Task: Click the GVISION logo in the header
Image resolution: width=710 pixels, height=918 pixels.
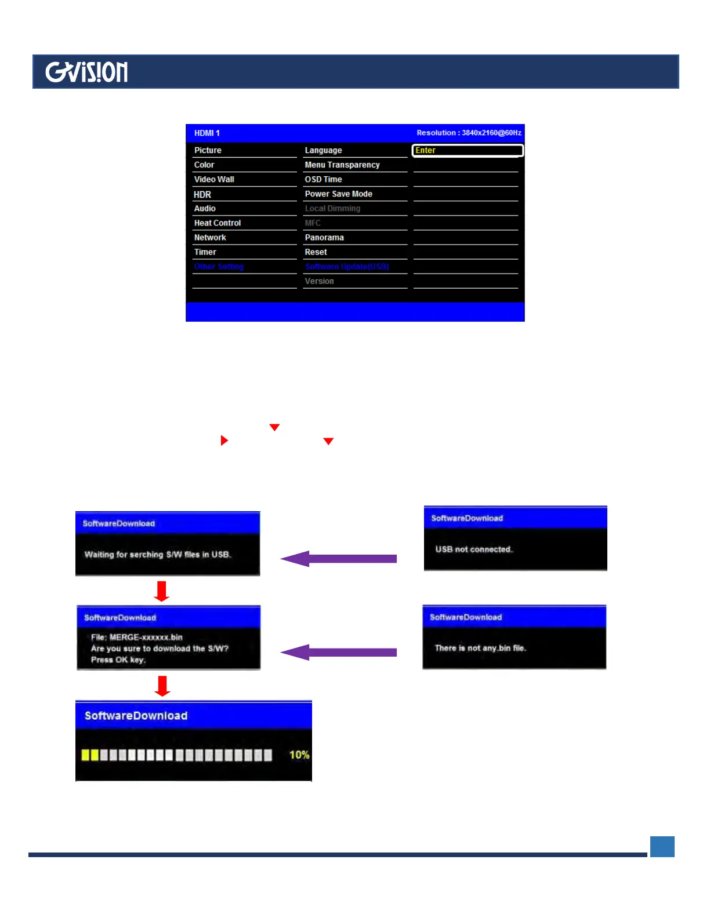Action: (86, 72)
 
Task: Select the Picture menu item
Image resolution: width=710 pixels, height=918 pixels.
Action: (208, 150)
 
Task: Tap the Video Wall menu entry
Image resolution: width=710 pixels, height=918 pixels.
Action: (214, 179)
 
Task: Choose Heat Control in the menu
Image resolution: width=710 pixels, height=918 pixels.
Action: (218, 223)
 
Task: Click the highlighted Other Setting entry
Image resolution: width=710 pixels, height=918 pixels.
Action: (219, 267)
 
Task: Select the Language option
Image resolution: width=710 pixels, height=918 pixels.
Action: (323, 150)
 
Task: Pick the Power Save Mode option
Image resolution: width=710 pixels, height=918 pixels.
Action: (339, 194)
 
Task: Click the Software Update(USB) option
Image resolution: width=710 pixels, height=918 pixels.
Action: (347, 267)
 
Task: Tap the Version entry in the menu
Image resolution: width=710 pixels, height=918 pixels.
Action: (320, 281)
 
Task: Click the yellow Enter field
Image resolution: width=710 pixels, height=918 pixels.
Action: (468, 150)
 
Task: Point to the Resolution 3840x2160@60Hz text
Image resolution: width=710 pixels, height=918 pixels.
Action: (469, 133)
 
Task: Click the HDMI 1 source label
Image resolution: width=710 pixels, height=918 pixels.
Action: (207, 133)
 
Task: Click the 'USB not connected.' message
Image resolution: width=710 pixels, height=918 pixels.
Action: (474, 549)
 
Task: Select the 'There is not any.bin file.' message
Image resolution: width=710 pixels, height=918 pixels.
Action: (480, 648)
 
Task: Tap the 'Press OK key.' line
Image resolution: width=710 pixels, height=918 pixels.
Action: (118, 660)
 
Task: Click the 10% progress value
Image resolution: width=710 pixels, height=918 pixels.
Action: (299, 755)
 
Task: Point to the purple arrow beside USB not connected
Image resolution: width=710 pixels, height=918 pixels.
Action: (339, 559)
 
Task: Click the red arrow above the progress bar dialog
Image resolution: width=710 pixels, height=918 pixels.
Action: (162, 685)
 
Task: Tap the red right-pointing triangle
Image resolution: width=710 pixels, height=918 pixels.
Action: (224, 440)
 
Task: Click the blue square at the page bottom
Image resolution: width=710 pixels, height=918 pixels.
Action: (662, 846)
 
